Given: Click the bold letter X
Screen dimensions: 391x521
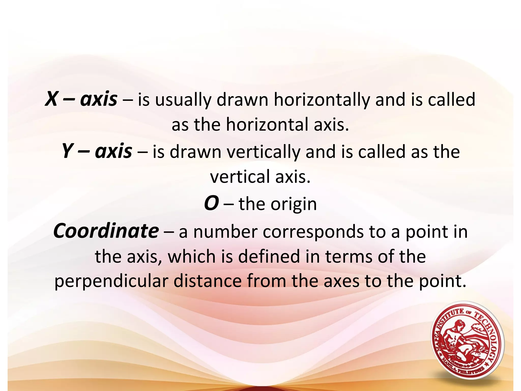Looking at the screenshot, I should coord(51,99).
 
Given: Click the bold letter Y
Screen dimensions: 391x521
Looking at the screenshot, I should coord(67,151).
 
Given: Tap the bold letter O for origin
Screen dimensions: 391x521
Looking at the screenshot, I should coord(211,204).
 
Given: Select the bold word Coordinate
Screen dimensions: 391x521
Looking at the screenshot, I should coord(106,231).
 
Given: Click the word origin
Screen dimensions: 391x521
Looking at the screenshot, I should coord(294,204).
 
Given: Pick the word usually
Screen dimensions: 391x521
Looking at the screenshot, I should coord(183,100).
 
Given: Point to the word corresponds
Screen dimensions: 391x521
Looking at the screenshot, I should coord(313,232).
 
